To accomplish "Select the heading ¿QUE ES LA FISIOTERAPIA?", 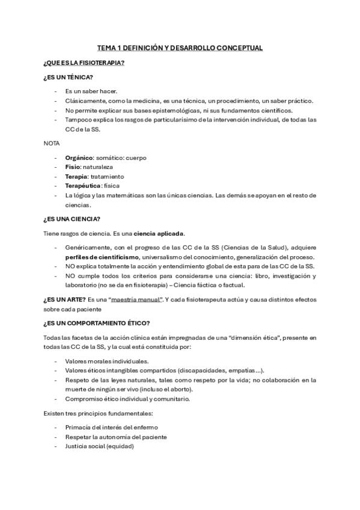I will point(84,63).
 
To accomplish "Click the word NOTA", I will point(52,144).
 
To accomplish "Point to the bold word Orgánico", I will point(79,158).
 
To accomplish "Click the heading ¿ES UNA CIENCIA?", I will point(72,219).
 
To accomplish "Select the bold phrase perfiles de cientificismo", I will point(99,257).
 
